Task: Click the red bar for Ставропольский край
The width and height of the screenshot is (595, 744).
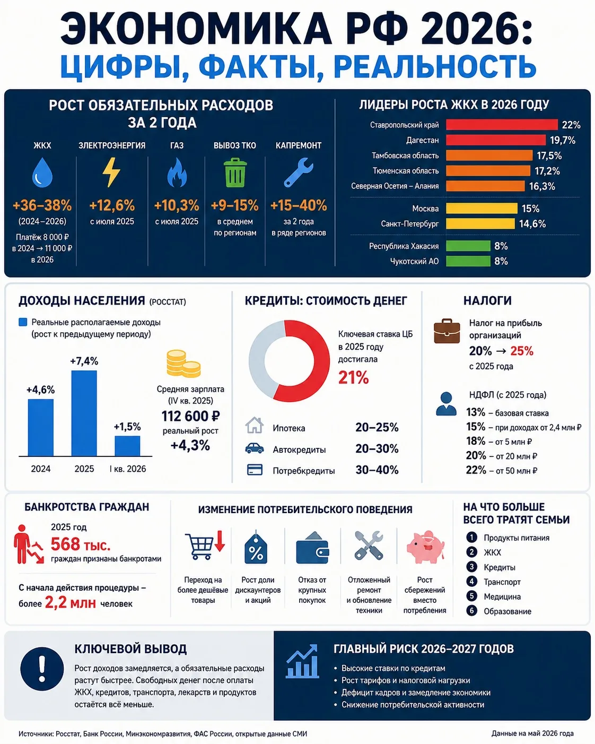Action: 502,125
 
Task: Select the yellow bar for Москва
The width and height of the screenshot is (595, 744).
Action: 482,208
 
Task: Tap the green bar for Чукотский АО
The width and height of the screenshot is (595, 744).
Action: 468,261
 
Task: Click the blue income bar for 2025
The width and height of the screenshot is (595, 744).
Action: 84,413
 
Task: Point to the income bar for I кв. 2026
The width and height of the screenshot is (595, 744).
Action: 127,446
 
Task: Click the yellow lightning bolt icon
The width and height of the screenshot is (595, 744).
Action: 111,172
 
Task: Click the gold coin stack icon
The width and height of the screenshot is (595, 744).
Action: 183,364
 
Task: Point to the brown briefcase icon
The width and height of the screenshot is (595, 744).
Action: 447,331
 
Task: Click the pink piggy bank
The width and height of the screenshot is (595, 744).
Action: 425,547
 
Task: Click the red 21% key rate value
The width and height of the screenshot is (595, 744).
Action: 354,377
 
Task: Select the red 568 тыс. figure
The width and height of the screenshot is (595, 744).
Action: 81,544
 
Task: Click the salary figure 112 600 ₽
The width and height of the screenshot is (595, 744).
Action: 190,416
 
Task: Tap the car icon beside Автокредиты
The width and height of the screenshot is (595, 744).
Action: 255,448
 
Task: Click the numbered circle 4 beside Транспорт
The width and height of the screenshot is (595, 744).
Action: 471,582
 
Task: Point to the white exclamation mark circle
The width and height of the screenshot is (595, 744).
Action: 42,669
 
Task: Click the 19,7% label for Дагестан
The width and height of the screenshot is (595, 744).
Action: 563,140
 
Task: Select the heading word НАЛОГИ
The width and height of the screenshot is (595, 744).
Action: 487,300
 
